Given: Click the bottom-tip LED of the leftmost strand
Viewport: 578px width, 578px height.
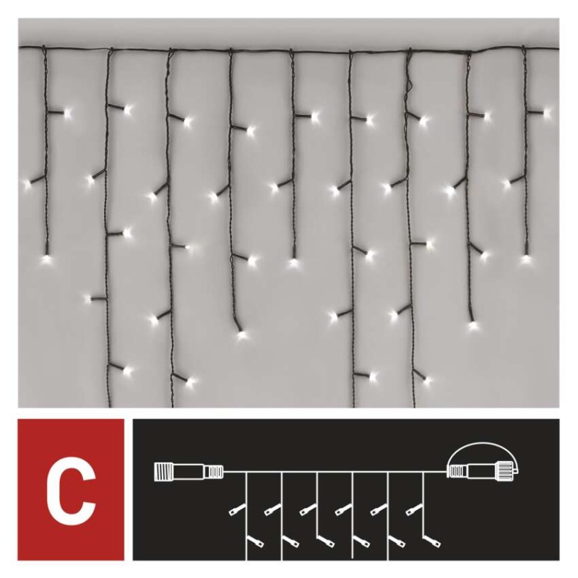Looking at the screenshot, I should [x=47, y=257].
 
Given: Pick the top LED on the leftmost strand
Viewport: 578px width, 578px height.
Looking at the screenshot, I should [x=69, y=113].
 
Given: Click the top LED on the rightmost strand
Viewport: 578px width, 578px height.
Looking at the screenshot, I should [x=547, y=112].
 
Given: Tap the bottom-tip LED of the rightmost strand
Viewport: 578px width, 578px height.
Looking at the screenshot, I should [x=525, y=257].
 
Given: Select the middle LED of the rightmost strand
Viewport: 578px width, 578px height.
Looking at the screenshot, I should [x=506, y=184].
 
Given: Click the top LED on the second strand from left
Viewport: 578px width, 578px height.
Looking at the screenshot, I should [x=129, y=110].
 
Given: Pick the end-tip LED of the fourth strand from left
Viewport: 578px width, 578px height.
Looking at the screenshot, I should [x=240, y=334].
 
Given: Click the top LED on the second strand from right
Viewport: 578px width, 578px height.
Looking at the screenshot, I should [x=486, y=115].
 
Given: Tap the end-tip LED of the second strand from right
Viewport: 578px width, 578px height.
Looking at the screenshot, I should [x=473, y=325].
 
